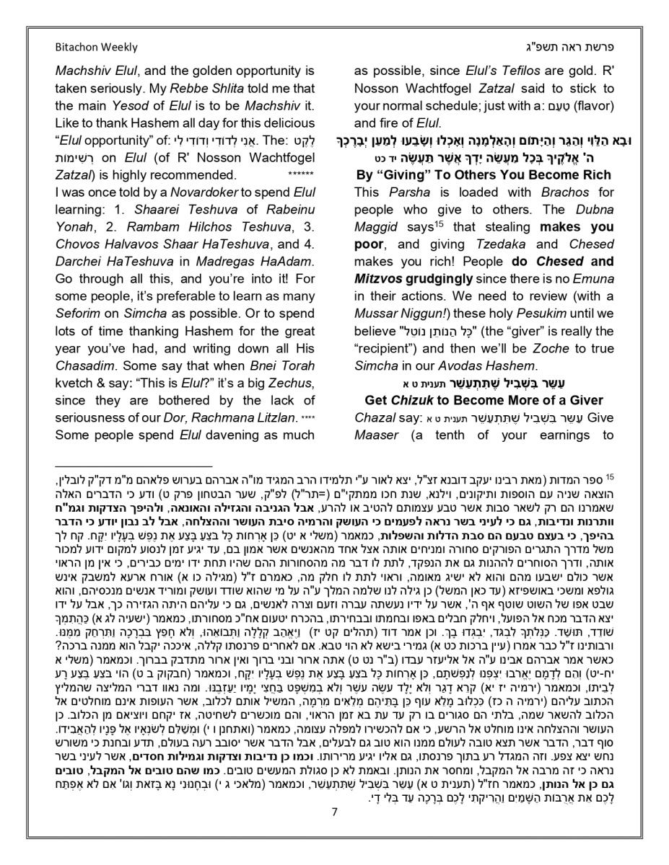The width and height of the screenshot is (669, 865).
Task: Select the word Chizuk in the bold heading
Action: coord(416,401)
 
